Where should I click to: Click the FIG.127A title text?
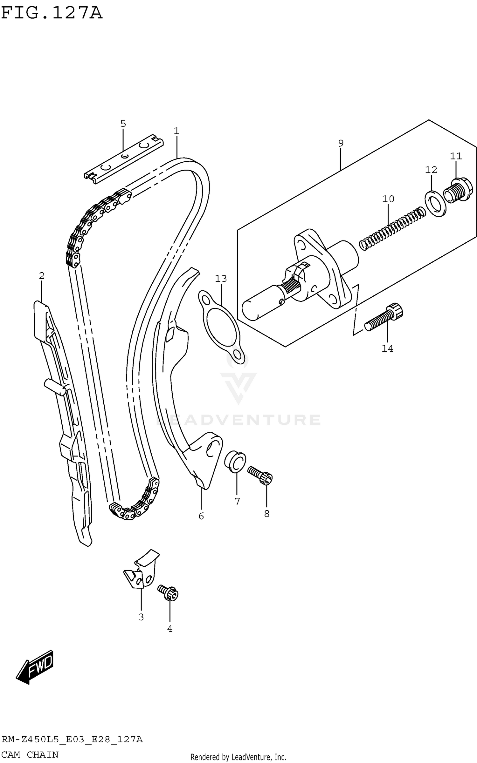click(x=52, y=14)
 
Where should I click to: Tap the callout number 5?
click(x=123, y=124)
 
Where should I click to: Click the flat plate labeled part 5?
click(x=124, y=159)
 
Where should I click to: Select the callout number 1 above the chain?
click(x=176, y=131)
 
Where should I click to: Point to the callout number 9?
click(x=341, y=143)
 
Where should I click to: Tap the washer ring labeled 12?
click(x=435, y=203)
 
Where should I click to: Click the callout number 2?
click(x=42, y=276)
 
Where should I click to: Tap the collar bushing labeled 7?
click(x=235, y=462)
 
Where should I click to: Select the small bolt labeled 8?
click(x=260, y=475)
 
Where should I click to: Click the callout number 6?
click(x=201, y=516)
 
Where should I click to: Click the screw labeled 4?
click(x=168, y=593)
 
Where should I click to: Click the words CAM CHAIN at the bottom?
click(x=30, y=754)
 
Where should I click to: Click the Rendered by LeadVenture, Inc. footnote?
click(x=238, y=757)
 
